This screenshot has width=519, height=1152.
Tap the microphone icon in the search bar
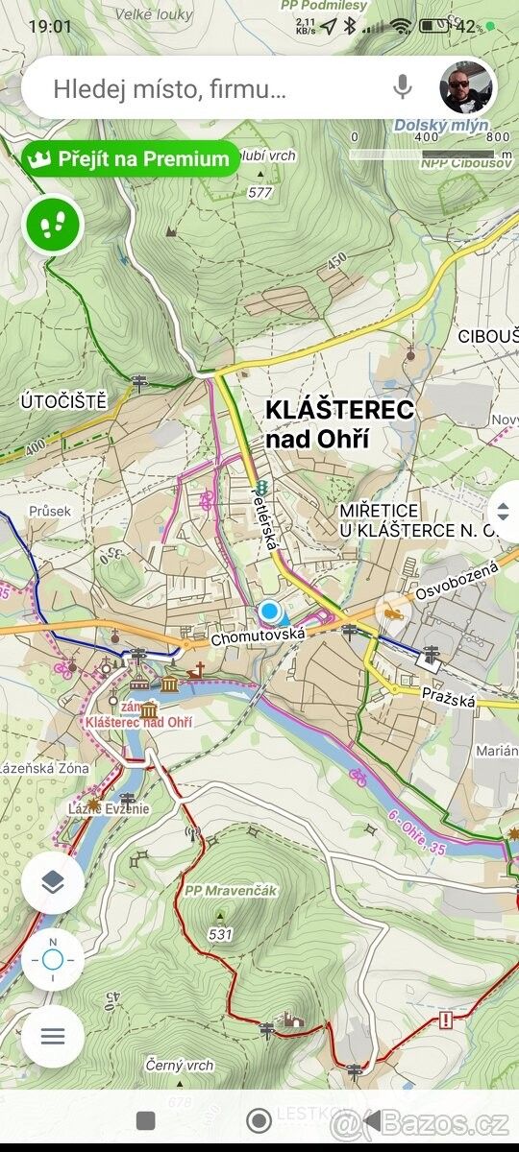403,87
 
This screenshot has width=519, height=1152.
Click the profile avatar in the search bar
466,87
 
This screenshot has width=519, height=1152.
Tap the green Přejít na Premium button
131,159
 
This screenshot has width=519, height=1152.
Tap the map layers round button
53,882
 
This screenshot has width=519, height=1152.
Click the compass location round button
53,959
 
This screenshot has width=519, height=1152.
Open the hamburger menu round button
53,1036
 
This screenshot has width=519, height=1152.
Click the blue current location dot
270,612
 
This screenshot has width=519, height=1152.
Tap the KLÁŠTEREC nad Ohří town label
339,424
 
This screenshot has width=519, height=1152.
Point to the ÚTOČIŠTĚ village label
63,401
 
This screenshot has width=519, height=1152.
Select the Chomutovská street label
258,636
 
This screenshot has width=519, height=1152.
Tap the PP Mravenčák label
231,891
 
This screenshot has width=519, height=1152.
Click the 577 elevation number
259,193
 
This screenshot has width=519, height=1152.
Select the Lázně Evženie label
109,808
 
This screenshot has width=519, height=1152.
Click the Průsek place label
50,512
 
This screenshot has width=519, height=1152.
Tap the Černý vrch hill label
180,1066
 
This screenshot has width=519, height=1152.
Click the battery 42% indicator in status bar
461,27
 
